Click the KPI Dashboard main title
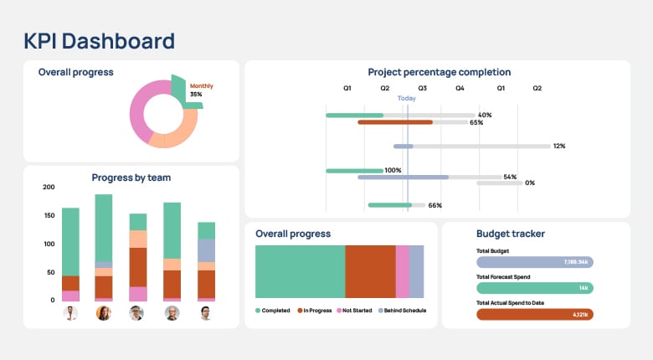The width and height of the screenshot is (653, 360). pyautogui.click(x=99, y=40)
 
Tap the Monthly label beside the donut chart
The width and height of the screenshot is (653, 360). pyautogui.click(x=201, y=86)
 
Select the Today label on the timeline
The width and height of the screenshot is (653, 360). pyautogui.click(x=406, y=99)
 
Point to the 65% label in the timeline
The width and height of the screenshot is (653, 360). pyautogui.click(x=476, y=122)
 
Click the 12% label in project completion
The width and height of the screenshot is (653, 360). pyautogui.click(x=558, y=146)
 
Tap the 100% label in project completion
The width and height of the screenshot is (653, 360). pyautogui.click(x=392, y=170)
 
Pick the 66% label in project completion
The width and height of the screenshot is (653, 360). pyautogui.click(x=434, y=205)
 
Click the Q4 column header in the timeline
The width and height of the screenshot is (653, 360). pyautogui.click(x=460, y=88)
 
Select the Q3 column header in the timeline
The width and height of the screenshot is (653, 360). pyautogui.click(x=422, y=88)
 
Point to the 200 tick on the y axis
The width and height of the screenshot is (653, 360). pyautogui.click(x=49, y=187)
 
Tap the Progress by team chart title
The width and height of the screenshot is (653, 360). pyautogui.click(x=131, y=177)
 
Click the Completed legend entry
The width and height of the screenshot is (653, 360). pyautogui.click(x=273, y=311)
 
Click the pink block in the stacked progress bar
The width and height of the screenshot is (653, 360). pyautogui.click(x=402, y=272)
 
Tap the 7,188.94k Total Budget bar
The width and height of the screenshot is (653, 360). pyautogui.click(x=534, y=262)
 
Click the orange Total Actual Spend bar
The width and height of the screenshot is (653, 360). pyautogui.click(x=534, y=314)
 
